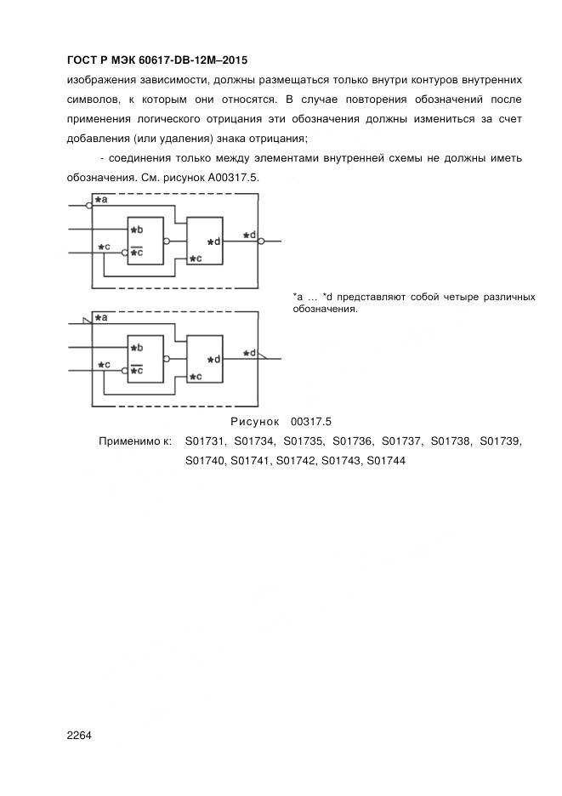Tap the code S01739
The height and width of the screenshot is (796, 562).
501,441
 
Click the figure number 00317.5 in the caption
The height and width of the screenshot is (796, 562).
310,421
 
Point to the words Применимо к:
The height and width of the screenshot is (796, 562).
135,441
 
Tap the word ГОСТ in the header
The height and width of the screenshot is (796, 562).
82,60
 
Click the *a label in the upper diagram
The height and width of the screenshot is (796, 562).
101,200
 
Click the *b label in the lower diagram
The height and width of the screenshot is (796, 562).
137,347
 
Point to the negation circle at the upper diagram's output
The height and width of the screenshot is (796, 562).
261,241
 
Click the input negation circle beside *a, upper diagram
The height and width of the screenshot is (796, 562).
90,205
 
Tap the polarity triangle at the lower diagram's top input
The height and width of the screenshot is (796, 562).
85,321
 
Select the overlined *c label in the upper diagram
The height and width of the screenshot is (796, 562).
137,252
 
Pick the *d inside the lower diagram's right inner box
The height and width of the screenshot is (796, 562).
214,359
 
